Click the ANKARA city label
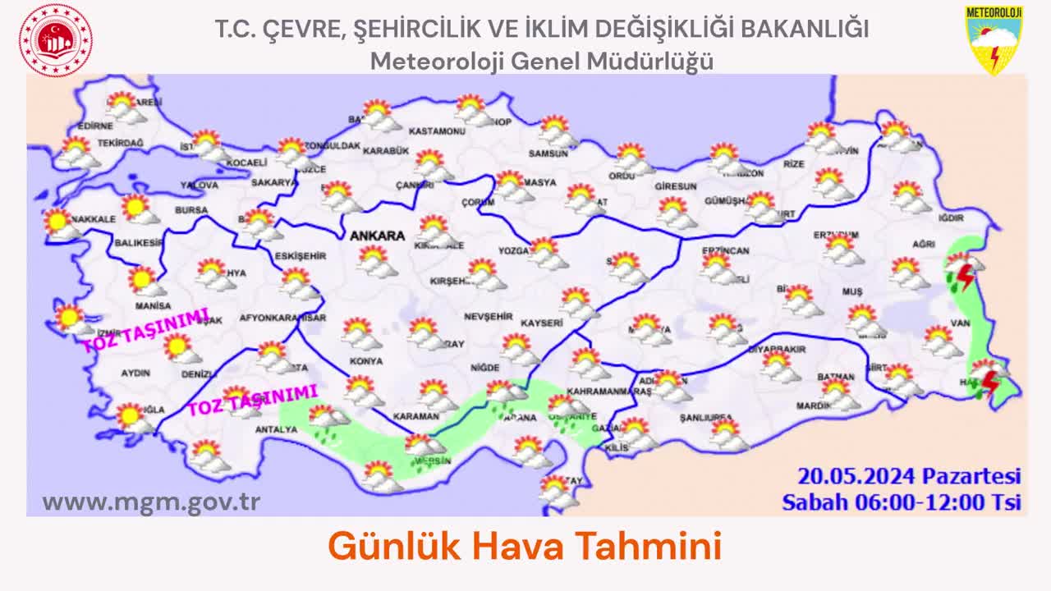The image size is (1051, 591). tap(377, 236)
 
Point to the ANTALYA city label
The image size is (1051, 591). tap(276, 429)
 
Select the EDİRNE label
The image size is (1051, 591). tap(94, 126)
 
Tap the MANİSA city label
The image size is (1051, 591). tap(153, 305)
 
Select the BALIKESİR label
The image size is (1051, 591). tap(139, 243)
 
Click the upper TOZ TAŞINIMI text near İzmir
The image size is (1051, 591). tap(145, 330)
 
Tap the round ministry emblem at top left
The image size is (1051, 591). tap(56, 39)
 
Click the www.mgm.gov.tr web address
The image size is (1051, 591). tap(151, 502)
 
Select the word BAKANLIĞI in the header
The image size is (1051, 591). tap(805, 29)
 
